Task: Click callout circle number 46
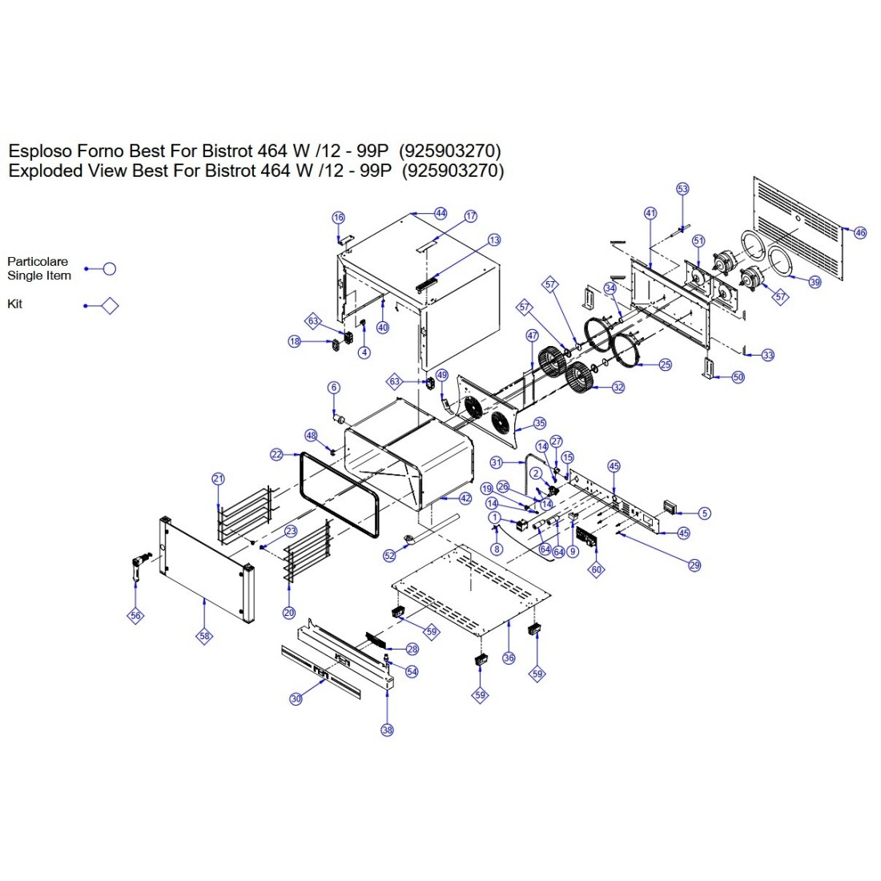coord(860,233)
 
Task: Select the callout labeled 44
coord(440,213)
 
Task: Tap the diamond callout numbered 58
coord(205,636)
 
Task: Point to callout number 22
coord(276,455)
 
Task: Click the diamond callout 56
coord(135,615)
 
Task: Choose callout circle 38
coord(388,730)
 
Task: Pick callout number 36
coord(509,658)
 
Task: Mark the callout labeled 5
coord(704,513)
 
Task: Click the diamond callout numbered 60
coord(596,569)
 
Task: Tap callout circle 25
coord(666,364)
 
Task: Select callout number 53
coord(682,189)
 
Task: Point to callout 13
coord(494,239)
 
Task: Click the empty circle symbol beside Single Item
coord(110,269)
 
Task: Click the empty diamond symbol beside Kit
coord(110,305)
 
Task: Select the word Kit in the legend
coord(15,304)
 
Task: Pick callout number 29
coord(694,565)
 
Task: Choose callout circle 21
coord(219,479)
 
